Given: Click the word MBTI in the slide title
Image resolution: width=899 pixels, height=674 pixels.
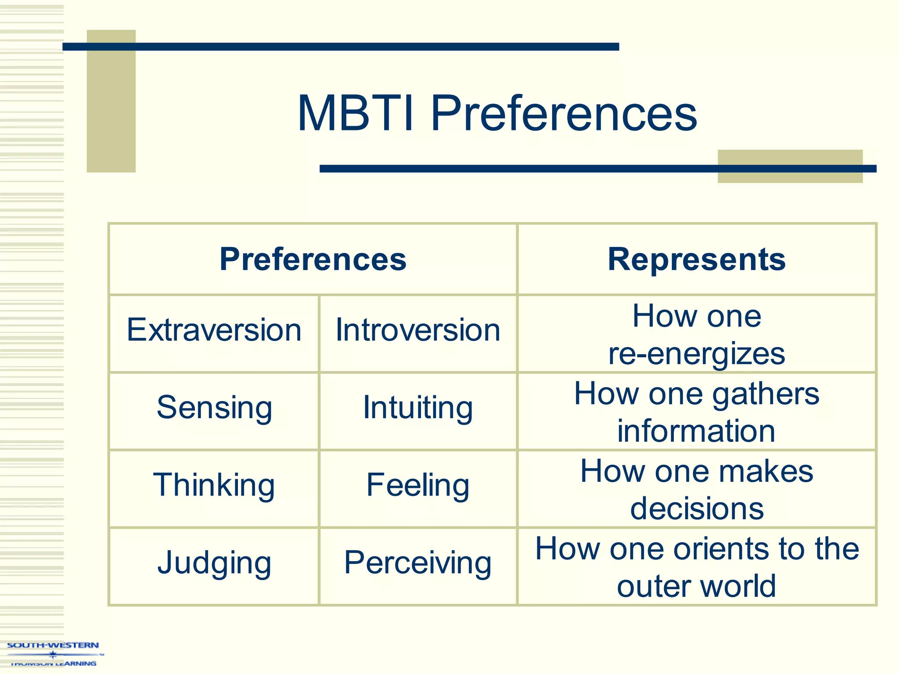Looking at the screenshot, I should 355,114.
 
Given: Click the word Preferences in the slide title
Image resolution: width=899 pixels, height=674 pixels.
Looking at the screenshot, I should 564,114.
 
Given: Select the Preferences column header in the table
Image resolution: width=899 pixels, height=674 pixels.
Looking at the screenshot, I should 313,259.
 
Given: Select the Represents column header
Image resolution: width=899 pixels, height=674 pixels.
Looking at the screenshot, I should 697,259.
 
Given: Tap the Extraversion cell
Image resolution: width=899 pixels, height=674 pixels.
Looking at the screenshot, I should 214,330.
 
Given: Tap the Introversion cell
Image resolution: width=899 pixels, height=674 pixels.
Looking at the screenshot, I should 418,330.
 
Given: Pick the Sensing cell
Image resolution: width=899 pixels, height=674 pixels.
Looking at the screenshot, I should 214,408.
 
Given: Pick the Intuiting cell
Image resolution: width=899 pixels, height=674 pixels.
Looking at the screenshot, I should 418,408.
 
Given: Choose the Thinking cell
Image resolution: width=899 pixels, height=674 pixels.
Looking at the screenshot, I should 214,485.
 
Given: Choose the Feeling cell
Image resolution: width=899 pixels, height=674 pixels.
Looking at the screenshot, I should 418,485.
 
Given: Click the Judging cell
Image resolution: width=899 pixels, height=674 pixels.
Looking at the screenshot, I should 214,563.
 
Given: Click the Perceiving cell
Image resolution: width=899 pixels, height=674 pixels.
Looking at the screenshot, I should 418,563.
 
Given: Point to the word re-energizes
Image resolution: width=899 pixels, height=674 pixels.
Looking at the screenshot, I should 697,354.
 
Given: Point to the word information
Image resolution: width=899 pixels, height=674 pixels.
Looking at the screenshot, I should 697,431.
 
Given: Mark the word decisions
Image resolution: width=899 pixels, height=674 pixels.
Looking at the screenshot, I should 697,509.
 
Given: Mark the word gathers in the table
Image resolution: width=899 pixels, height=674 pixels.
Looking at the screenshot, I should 766,394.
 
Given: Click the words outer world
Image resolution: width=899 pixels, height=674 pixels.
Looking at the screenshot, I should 697,586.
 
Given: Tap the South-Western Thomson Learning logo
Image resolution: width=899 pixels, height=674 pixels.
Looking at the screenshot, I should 53,654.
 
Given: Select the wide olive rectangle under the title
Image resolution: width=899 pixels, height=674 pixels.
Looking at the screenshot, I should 790,176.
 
